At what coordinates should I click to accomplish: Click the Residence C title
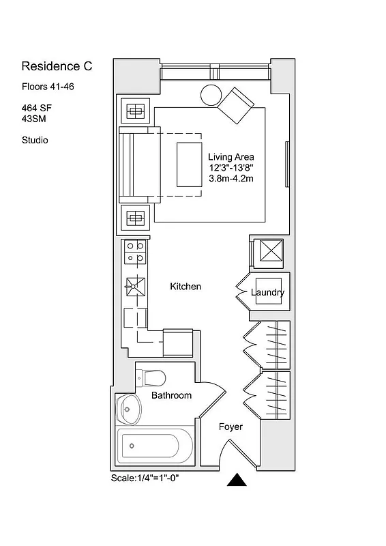click(x=57, y=66)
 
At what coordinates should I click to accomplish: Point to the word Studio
click(x=35, y=141)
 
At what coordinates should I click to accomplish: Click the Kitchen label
click(x=185, y=287)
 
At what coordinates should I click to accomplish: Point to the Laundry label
click(x=267, y=293)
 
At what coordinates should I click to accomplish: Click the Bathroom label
click(x=171, y=395)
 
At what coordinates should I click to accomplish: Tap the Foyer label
click(x=231, y=427)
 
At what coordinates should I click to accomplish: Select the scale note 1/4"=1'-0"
click(x=145, y=478)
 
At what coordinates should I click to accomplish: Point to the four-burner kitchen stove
click(x=134, y=253)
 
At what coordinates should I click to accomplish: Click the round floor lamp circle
click(x=211, y=96)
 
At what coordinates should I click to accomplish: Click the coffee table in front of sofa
click(x=189, y=164)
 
